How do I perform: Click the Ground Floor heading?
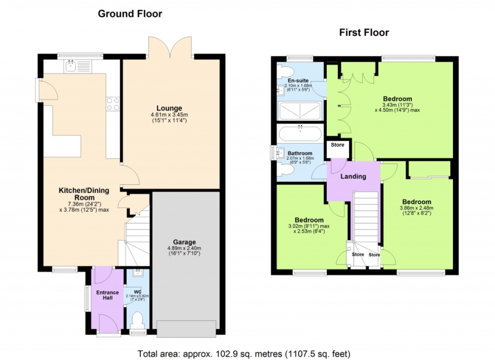130,14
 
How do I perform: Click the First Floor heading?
364,32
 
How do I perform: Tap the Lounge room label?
169,108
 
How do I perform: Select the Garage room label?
184,242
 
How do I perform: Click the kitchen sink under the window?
78,66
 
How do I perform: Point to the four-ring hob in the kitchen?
113,104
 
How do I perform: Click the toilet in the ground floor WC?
137,320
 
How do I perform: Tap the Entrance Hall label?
108,295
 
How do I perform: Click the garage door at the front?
186,329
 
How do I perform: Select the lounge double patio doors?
170,47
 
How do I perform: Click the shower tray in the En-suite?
300,111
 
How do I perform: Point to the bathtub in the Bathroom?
300,134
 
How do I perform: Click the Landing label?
353,176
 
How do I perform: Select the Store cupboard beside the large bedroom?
337,149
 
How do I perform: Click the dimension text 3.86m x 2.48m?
416,208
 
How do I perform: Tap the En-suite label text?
298,81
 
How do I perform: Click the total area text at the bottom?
244,354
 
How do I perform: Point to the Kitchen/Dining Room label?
84,194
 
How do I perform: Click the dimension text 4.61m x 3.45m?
169,115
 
